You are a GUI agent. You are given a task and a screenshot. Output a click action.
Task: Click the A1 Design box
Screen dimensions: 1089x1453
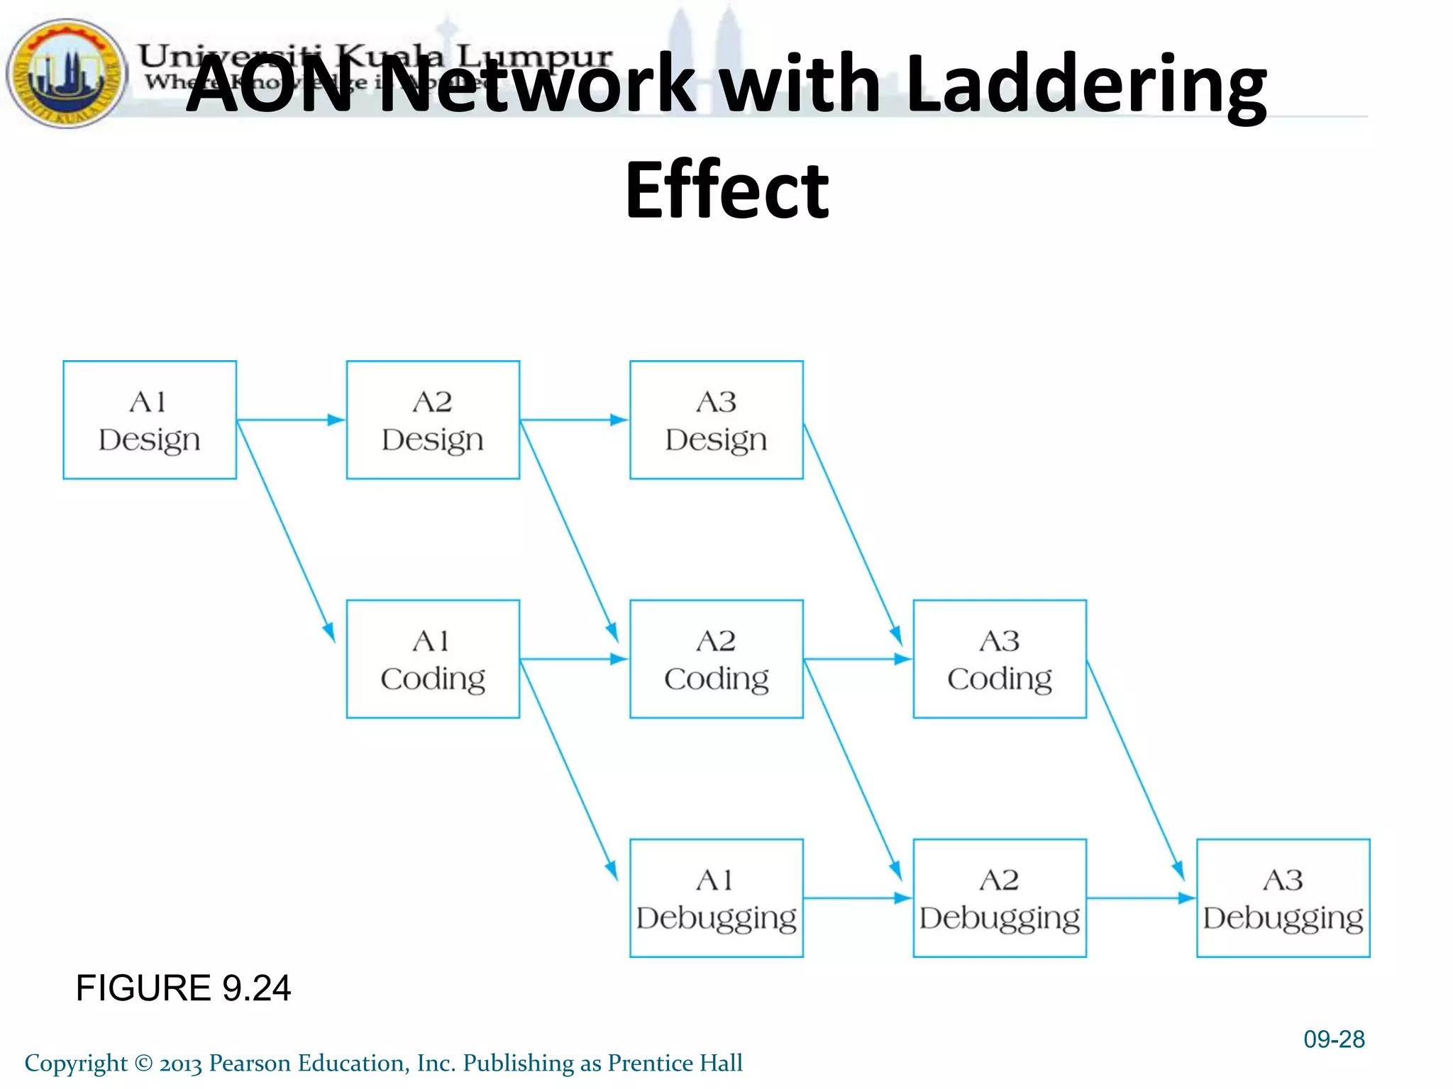150,420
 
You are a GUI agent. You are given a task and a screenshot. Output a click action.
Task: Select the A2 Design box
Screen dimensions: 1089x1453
433,420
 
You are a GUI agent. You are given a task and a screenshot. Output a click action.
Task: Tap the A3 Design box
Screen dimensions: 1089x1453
717,420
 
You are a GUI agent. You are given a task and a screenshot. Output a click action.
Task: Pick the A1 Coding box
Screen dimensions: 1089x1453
433,659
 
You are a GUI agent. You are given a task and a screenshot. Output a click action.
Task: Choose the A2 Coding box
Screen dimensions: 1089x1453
717,659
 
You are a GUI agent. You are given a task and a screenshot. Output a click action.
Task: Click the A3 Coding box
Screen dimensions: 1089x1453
1000,659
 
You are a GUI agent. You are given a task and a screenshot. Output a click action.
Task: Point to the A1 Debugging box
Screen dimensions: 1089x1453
717,898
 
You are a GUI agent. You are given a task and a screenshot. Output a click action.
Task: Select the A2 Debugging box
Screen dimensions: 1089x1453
1000,898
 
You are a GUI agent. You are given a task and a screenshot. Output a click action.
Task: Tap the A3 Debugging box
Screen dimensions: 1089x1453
1283,898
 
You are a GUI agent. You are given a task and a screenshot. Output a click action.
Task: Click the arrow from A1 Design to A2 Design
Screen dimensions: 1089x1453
291,420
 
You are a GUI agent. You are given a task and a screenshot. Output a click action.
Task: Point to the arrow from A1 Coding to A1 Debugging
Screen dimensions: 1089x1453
568,769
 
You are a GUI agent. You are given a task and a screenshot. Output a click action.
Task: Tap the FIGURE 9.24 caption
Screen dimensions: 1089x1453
183,988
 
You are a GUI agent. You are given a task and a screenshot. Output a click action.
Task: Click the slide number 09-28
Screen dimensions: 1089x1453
1334,1039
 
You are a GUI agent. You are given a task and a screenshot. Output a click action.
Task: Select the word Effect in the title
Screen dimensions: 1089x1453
726,190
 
